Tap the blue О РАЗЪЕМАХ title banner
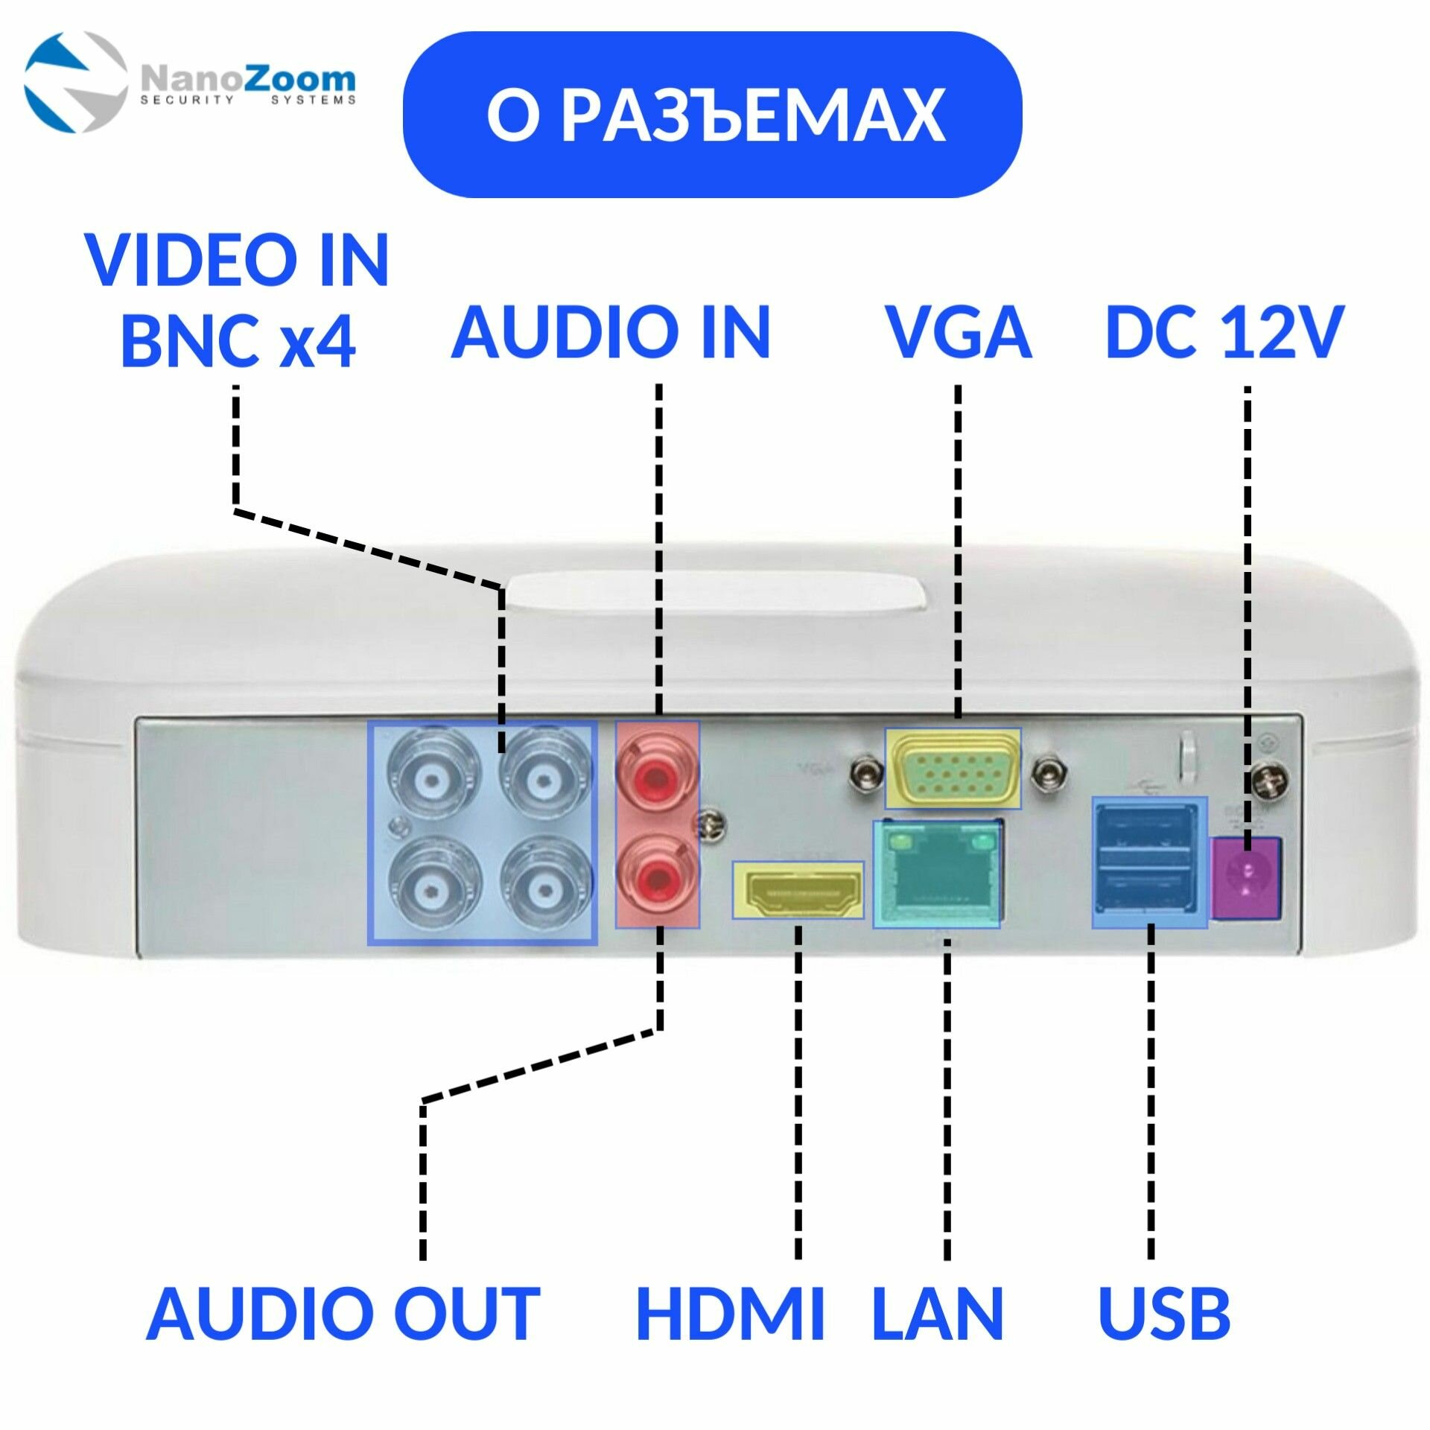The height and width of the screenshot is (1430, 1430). pyautogui.click(x=712, y=115)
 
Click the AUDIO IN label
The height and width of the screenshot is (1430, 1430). pyautogui.click(x=611, y=332)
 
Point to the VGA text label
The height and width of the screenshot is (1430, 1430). pyautogui.click(x=958, y=332)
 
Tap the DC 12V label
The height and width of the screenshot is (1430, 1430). pyautogui.click(x=1225, y=332)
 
